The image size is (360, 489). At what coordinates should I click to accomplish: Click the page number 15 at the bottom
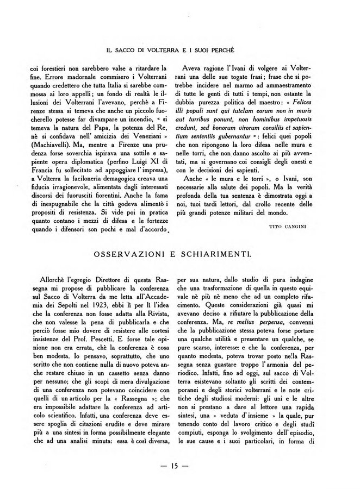point(180,465)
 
